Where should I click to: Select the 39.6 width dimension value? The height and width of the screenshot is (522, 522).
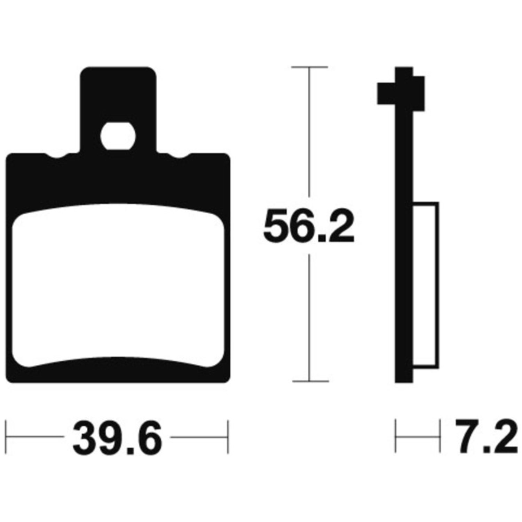point(117,437)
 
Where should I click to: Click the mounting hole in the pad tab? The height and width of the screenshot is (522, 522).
point(117,136)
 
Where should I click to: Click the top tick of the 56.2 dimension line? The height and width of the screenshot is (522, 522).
point(309,67)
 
